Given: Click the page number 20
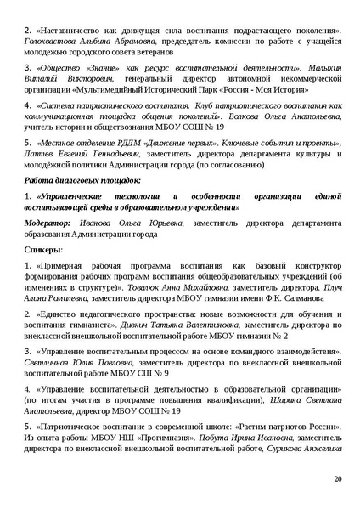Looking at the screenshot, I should [x=338, y=480].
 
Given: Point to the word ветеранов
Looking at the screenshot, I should [x=152, y=53].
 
